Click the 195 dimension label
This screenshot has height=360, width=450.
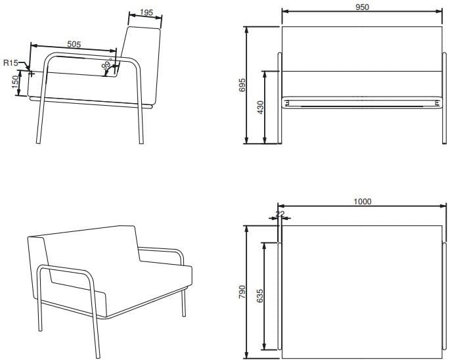(x=146, y=12)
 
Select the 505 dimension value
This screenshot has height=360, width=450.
(x=74, y=44)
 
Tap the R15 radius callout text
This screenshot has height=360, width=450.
(x=11, y=62)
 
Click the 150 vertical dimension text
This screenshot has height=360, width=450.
(x=15, y=83)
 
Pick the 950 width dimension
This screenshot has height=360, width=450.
(x=362, y=7)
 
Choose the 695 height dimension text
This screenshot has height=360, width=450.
(x=242, y=85)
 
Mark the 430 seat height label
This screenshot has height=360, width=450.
(x=260, y=107)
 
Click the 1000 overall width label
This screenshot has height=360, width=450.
(x=362, y=202)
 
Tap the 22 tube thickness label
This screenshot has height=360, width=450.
(x=280, y=214)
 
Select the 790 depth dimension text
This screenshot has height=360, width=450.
(x=242, y=292)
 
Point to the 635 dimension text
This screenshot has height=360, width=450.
(x=259, y=296)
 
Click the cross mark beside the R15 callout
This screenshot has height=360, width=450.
(x=32, y=74)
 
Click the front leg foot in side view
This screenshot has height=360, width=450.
(x=39, y=142)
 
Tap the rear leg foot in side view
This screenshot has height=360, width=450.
(x=141, y=142)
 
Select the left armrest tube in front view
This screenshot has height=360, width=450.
(x=280, y=98)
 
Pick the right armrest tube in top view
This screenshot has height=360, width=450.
(x=445, y=296)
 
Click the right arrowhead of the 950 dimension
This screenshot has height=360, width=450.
(x=439, y=11)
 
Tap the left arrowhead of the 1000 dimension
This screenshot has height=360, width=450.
(x=281, y=206)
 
